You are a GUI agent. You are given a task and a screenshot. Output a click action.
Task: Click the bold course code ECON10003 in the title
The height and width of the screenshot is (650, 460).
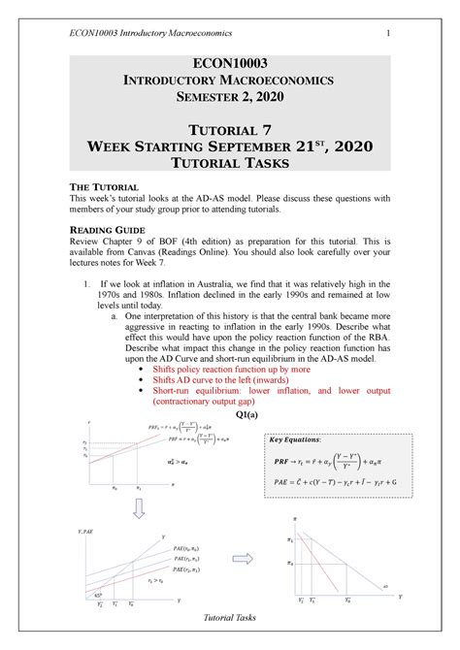click(x=230, y=63)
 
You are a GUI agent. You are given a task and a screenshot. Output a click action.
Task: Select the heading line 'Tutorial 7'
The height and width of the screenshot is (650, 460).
click(x=230, y=127)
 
